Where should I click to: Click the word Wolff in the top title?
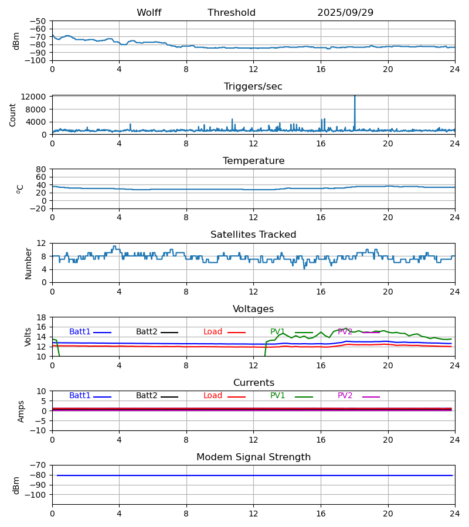(x=149, y=13)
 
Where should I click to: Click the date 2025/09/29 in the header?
(x=345, y=13)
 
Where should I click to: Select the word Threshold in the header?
(x=232, y=13)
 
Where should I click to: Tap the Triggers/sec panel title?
(x=253, y=87)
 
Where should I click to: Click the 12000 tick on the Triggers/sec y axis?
(x=38, y=97)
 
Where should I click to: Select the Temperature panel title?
(x=253, y=161)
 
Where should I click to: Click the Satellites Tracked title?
(x=253, y=235)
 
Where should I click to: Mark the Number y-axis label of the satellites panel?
(x=29, y=263)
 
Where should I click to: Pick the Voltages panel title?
(x=253, y=309)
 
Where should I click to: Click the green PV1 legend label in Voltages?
(x=278, y=332)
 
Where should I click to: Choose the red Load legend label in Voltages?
(x=213, y=332)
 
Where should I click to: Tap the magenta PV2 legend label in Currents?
(x=345, y=396)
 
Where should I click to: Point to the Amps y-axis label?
(x=22, y=411)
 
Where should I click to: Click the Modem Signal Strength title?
(x=253, y=457)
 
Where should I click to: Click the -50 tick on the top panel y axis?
(x=39, y=21)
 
